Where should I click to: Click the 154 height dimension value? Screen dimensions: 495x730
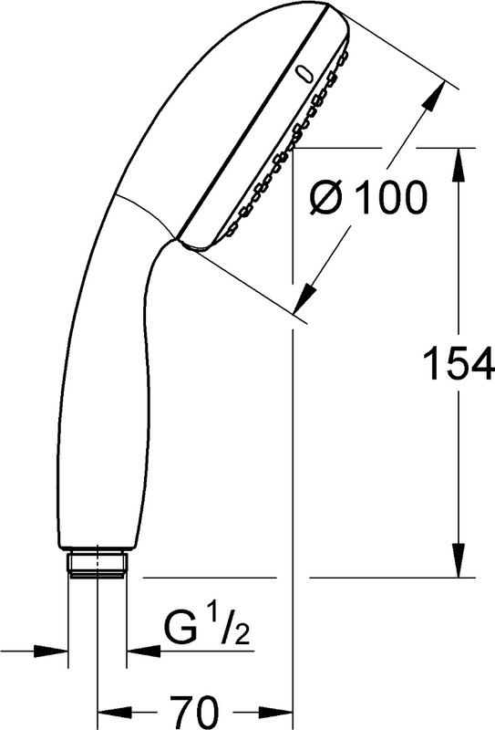coord(458,361)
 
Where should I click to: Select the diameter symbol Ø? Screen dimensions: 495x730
coord(329,197)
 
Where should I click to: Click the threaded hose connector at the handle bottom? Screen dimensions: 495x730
coord(98,562)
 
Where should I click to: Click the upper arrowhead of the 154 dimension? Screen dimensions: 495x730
coord(459,164)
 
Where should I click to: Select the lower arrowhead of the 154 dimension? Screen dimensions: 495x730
coord(459,560)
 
